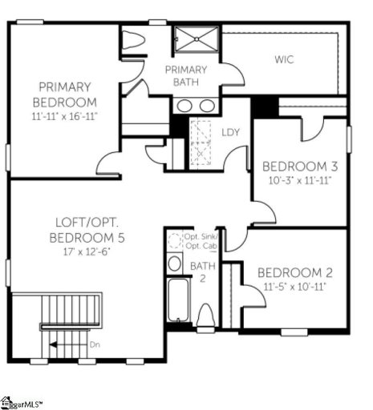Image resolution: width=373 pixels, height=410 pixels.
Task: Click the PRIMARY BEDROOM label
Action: click(x=64, y=94)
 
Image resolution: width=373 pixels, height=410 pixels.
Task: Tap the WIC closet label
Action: click(x=284, y=59)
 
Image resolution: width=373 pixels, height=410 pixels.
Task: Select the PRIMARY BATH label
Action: click(x=186, y=75)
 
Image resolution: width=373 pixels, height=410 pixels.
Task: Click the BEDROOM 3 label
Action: click(x=300, y=166)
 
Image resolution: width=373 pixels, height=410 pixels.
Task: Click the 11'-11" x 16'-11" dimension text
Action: click(x=64, y=117)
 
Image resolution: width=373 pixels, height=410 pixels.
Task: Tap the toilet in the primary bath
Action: click(x=132, y=40)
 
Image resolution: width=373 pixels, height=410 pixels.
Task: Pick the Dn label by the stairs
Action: click(x=93, y=345)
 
